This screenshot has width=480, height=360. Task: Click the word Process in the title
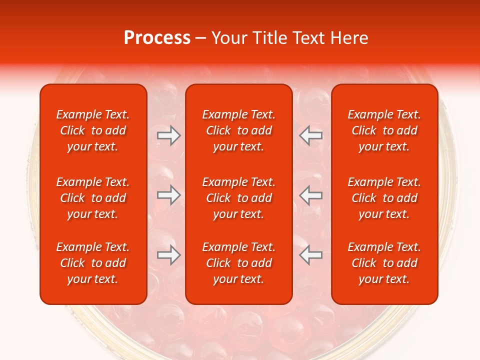coord(157,38)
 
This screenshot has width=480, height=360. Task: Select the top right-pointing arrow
coord(168,135)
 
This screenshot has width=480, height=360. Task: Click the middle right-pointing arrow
coord(168,195)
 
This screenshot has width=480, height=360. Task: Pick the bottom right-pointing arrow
coord(168,255)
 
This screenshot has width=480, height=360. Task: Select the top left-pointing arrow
coord(311,135)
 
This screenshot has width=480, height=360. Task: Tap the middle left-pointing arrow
coord(311,195)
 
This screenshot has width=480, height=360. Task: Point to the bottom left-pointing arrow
coord(311,255)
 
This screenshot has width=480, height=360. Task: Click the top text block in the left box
coord(93,130)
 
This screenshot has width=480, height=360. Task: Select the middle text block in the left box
coord(93,198)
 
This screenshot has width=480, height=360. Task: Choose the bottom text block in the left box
coord(93,263)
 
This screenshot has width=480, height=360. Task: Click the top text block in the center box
coord(239,130)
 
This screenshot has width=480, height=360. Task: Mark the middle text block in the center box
coord(239,198)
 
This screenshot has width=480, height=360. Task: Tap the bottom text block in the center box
coord(239,263)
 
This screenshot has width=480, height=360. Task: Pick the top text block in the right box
coord(384,130)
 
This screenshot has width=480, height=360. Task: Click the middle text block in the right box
coord(384,198)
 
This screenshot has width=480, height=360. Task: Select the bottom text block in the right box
coord(384,263)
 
